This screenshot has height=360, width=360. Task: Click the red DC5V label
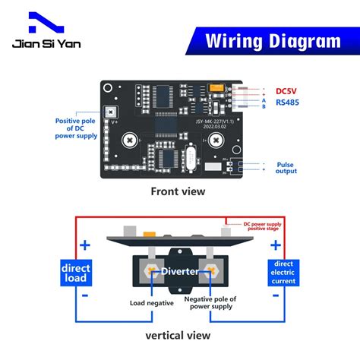click(x=290, y=93)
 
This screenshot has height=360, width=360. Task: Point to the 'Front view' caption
click(x=178, y=191)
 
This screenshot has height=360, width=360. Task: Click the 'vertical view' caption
click(x=179, y=335)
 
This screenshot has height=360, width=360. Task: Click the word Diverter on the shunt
click(x=179, y=271)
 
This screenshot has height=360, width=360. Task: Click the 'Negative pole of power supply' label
click(x=212, y=302)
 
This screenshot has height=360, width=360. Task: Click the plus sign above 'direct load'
click(x=84, y=245)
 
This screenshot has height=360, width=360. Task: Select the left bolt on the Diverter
click(x=153, y=272)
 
